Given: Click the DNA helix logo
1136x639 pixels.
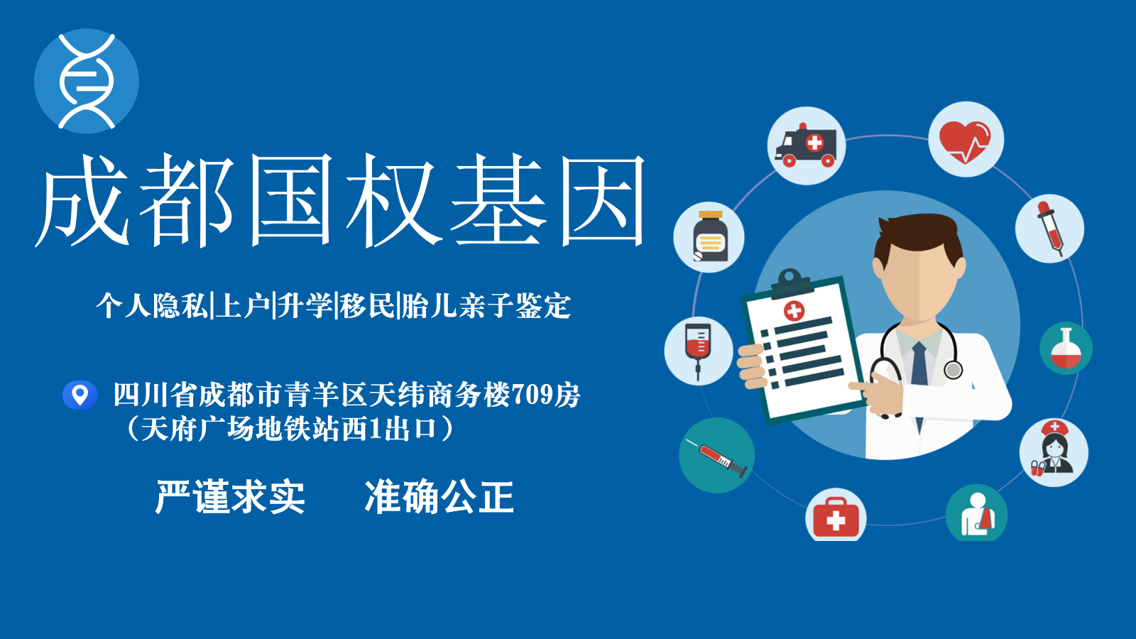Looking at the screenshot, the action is pyautogui.click(x=86, y=81).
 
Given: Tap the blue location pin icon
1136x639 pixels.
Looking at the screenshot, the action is pyautogui.click(x=80, y=395).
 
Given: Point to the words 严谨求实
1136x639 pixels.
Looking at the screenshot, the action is pyautogui.click(x=230, y=496).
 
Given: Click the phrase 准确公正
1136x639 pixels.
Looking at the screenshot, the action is pyautogui.click(x=439, y=496).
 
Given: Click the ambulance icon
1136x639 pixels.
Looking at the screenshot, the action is pyautogui.click(x=806, y=146).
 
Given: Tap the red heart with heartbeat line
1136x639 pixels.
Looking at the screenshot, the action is pyautogui.click(x=965, y=141).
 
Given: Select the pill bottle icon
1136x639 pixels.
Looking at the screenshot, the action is pyautogui.click(x=709, y=236).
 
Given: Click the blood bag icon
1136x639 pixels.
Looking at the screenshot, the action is pyautogui.click(x=698, y=350).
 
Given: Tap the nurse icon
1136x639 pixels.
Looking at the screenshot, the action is pyautogui.click(x=1054, y=450).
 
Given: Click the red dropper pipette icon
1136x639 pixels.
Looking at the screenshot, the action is pyautogui.click(x=1050, y=228).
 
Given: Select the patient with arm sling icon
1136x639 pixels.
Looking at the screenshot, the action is pyautogui.click(x=977, y=514).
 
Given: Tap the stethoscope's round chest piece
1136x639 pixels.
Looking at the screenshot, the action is pyautogui.click(x=954, y=370).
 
